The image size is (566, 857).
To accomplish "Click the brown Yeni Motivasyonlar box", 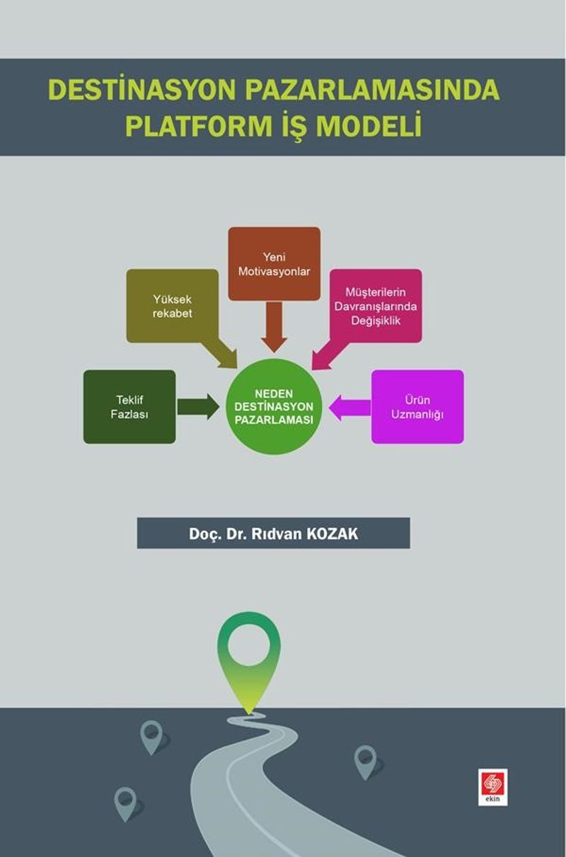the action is pos(275,263).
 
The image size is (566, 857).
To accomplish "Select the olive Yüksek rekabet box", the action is pos(173,306).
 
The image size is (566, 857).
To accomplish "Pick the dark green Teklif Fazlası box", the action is pos(129,407).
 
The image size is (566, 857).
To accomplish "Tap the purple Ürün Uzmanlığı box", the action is pos(417,407).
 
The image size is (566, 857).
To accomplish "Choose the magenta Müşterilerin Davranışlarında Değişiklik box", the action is pos(376,306).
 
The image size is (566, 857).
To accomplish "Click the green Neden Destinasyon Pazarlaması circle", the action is pos(275,406).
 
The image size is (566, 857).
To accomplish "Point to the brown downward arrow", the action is pos(275,327).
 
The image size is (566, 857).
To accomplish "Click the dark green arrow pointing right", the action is pos(198,407).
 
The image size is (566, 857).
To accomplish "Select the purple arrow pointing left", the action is pos(350,408).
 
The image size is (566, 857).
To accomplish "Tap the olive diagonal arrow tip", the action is pos(236,368).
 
